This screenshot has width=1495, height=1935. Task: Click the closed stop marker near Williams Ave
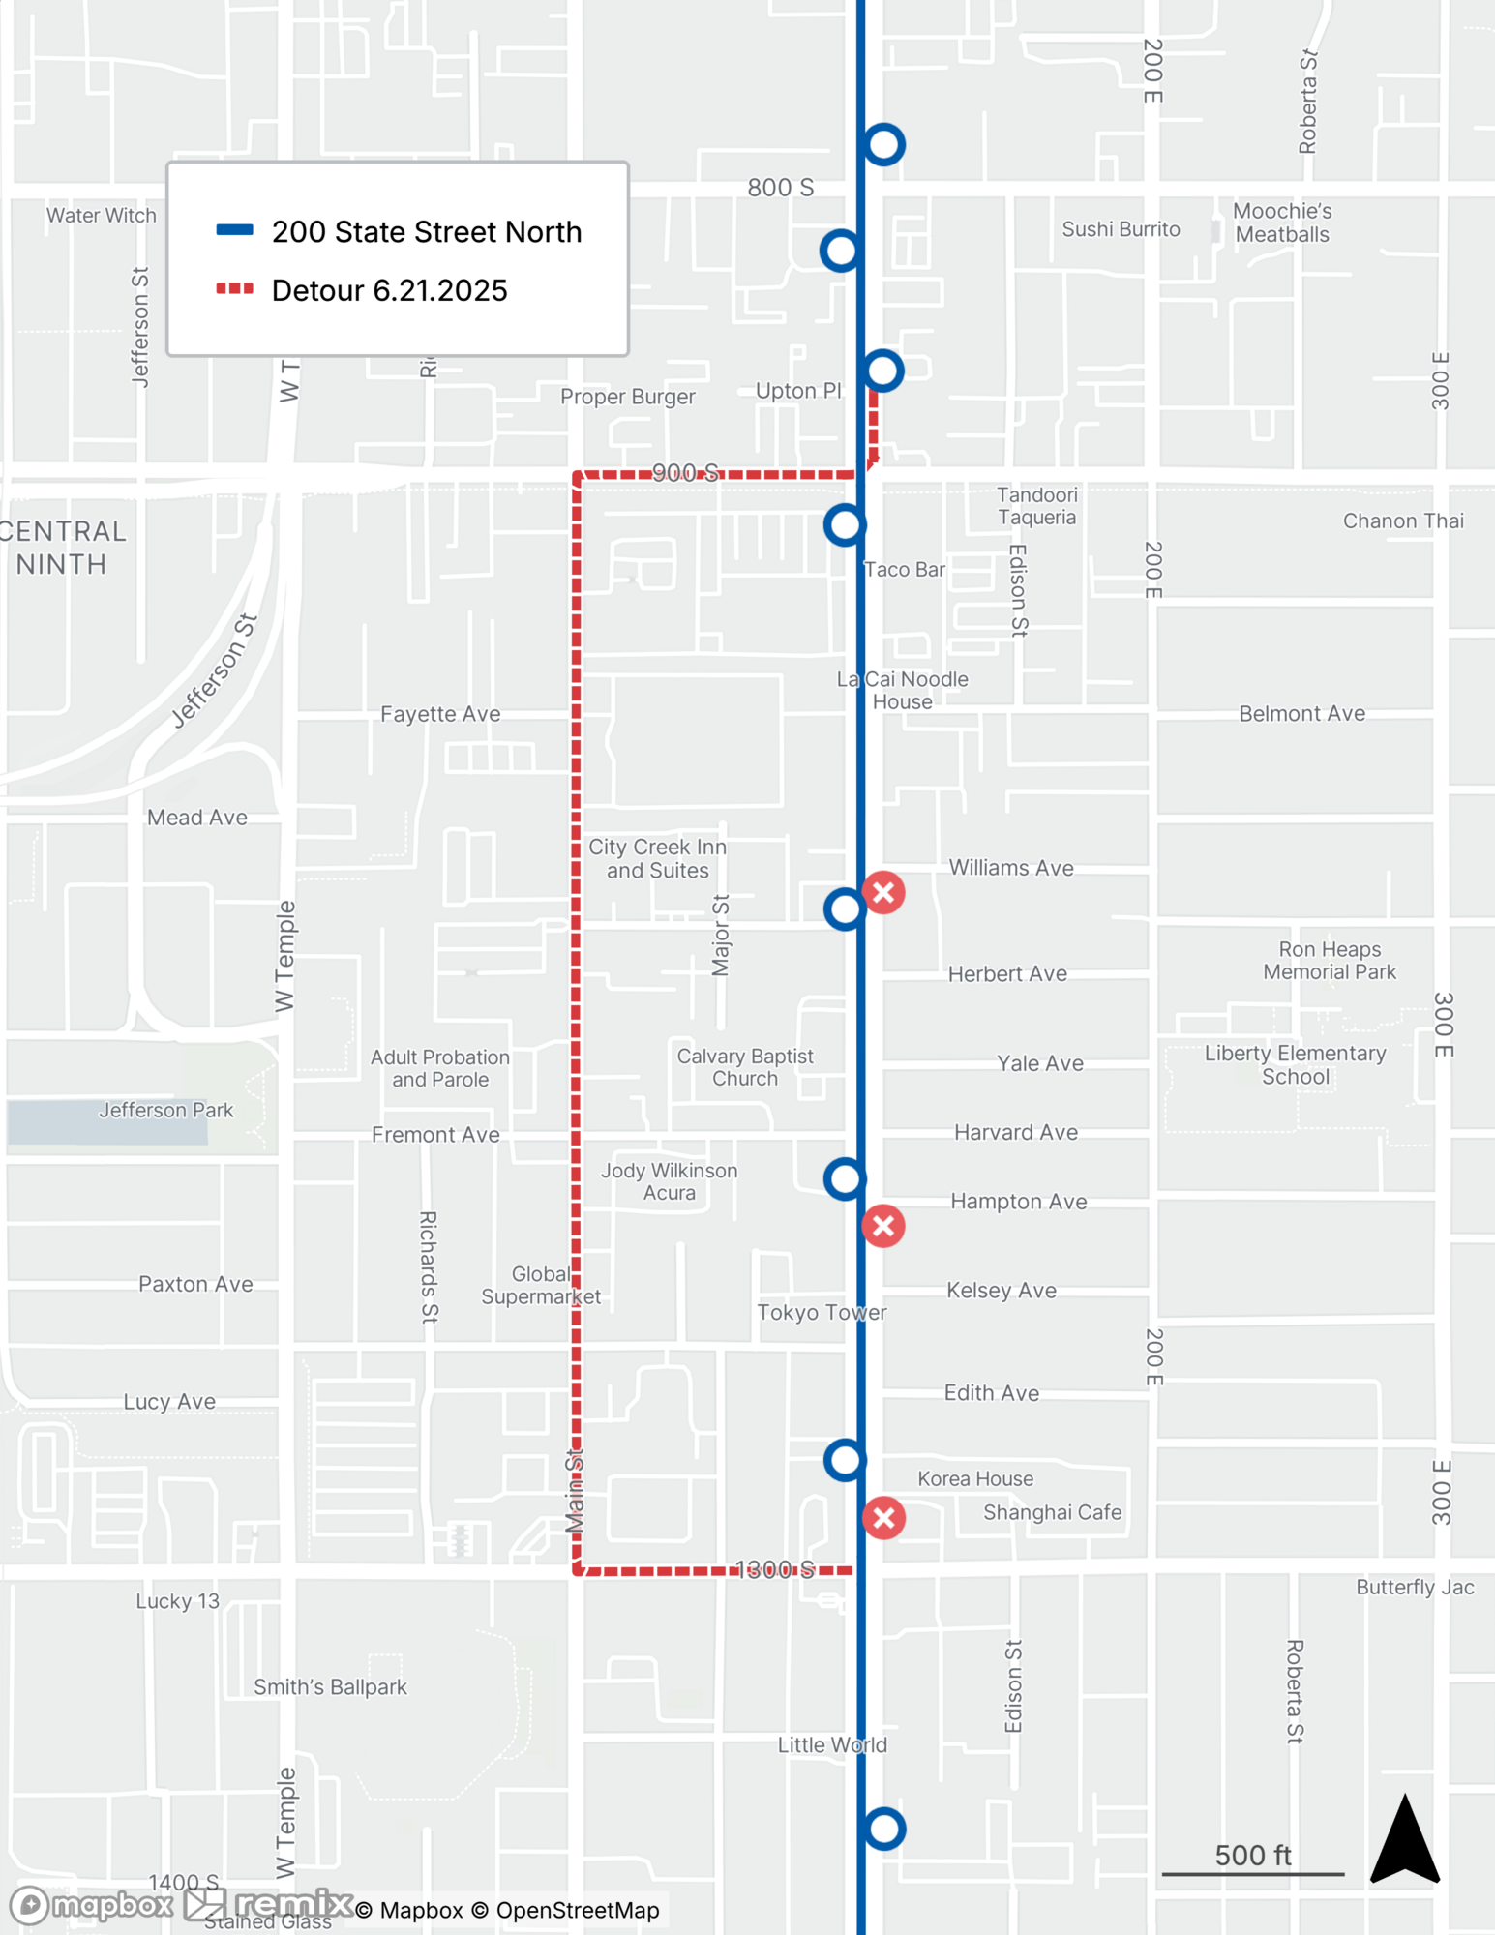(x=883, y=892)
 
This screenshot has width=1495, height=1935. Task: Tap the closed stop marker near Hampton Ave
(x=883, y=1226)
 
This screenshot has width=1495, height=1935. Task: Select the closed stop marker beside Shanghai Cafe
(x=883, y=1517)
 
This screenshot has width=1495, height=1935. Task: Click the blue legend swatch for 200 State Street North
(x=234, y=230)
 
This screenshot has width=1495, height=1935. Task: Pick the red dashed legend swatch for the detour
(x=234, y=288)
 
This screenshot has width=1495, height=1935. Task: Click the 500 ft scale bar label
(x=1252, y=1855)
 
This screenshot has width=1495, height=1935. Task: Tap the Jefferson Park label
(x=165, y=1110)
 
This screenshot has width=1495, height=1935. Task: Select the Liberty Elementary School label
(x=1295, y=1064)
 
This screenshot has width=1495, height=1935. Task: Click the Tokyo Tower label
(x=822, y=1312)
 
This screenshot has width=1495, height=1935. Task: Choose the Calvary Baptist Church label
(x=744, y=1067)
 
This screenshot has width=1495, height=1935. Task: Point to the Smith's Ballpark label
(x=330, y=1686)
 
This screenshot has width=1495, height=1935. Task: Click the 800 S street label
(x=780, y=188)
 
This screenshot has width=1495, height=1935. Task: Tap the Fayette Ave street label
(x=440, y=714)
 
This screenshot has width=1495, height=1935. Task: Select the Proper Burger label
(x=627, y=397)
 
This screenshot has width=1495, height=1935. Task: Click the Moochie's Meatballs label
(x=1282, y=223)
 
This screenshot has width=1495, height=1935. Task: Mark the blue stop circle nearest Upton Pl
(x=883, y=371)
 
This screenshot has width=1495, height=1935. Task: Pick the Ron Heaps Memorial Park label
(x=1330, y=961)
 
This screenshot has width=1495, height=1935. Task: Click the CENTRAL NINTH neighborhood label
(x=63, y=548)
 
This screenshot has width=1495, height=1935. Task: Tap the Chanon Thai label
(x=1403, y=521)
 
